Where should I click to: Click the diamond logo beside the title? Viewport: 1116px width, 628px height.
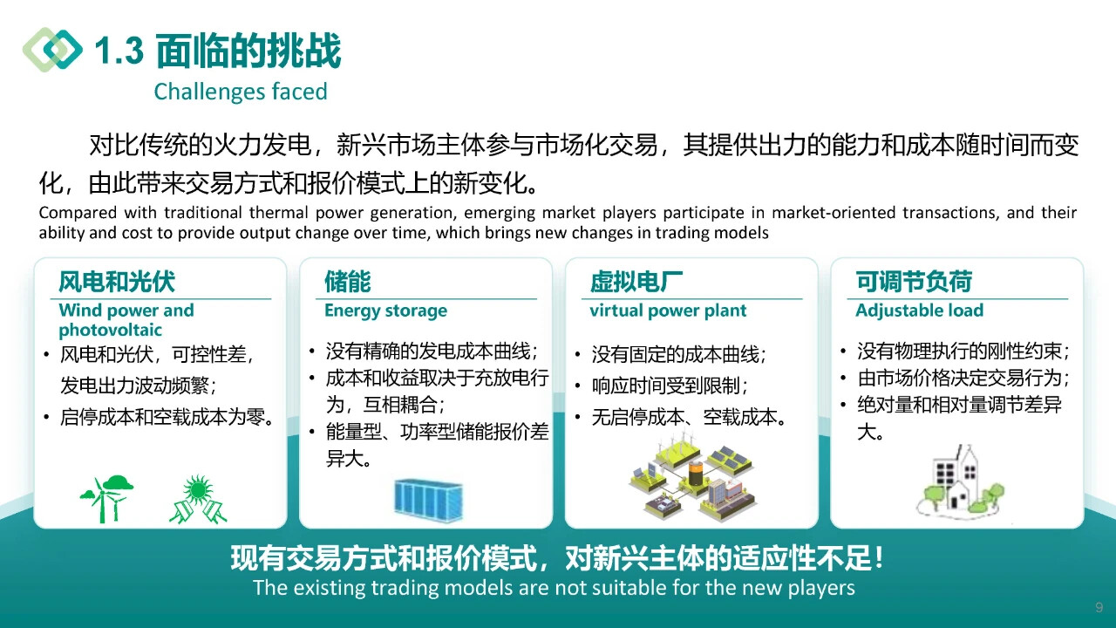(52, 50)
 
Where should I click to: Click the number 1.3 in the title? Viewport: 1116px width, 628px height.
(119, 51)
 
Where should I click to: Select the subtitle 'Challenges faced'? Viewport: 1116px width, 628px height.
(240, 92)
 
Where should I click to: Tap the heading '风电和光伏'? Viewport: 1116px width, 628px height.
(117, 282)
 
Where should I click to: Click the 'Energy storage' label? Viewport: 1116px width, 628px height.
(385, 311)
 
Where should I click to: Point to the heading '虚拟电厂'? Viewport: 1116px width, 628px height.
(636, 282)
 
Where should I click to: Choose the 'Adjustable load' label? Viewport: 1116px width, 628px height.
(919, 310)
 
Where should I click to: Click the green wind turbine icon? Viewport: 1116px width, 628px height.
(106, 498)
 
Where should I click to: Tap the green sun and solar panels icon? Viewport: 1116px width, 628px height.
(198, 499)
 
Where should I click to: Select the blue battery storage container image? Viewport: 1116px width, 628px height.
(428, 501)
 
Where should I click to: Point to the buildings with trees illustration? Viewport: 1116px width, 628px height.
(960, 484)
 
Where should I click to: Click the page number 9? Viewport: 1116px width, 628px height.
(1099, 607)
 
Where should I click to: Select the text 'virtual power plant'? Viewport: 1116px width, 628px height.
(668, 311)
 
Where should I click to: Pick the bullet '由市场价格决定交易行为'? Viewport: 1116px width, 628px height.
(963, 378)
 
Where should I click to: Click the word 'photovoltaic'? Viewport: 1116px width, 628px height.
(110, 330)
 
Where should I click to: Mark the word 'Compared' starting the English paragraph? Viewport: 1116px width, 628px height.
(78, 214)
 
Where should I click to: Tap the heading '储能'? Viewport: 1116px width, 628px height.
(348, 282)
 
